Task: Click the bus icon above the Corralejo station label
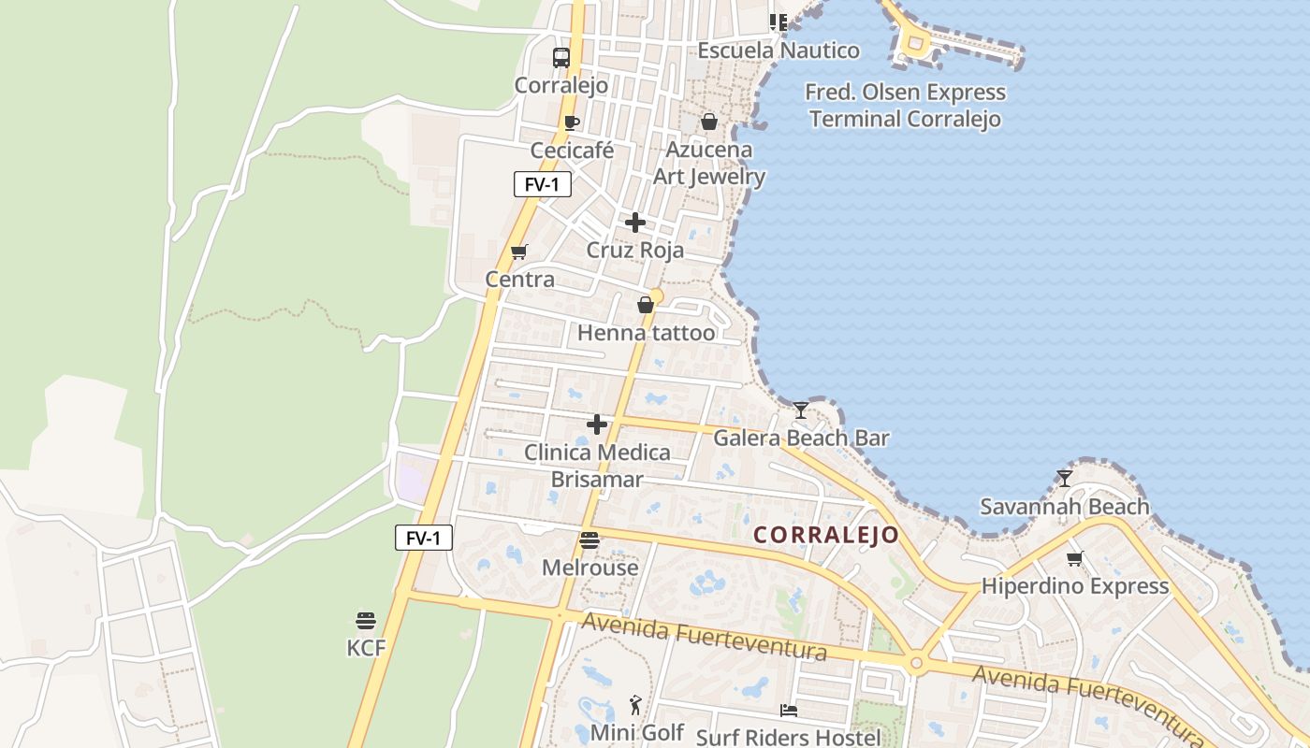[560, 58]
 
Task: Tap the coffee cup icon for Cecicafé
[572, 122]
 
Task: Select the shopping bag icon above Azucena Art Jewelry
[709, 122]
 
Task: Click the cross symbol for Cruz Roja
[635, 223]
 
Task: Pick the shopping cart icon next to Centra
[519, 252]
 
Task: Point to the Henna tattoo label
[646, 333]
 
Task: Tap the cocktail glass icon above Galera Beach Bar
[801, 410]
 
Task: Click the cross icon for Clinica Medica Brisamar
[596, 424]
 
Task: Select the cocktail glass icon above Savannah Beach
[1064, 478]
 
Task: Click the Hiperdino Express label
[1075, 586]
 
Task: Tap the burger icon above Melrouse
[589, 539]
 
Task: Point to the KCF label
[366, 647]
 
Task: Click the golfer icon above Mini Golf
[637, 704]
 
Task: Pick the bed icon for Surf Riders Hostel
[789, 711]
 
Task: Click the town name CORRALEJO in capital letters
[826, 535]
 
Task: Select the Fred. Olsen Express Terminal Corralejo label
[906, 106]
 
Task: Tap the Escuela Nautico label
[779, 50]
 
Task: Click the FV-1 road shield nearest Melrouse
[424, 538]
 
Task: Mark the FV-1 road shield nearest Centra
[542, 184]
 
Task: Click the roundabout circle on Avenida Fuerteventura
[916, 664]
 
